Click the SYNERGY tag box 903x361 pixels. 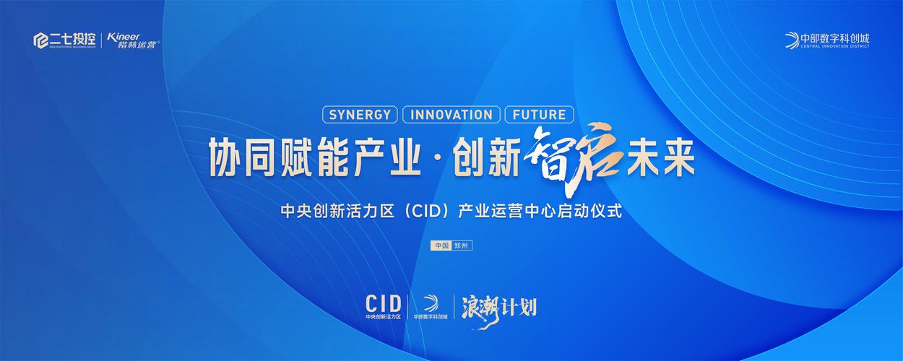360,114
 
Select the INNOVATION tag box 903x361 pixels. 451,114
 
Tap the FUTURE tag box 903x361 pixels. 540,114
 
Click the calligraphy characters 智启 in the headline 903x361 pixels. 574,156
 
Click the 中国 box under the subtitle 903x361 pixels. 441,245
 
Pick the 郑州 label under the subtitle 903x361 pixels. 462,245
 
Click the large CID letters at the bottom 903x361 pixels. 383,302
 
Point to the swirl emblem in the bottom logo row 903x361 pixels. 431,303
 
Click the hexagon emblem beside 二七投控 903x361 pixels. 40,40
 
